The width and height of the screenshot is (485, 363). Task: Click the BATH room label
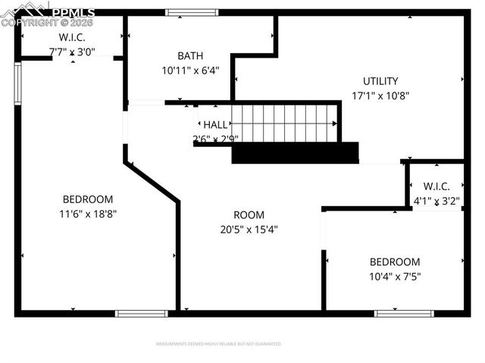189,56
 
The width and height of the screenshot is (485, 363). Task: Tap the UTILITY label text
380,81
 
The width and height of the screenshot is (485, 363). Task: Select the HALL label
214,124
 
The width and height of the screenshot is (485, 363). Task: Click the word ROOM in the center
249,214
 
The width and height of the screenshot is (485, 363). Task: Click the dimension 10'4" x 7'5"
394,277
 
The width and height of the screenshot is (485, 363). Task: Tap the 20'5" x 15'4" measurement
249,229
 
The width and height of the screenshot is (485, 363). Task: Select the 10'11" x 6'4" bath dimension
189,70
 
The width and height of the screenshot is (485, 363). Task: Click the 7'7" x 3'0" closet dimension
72,52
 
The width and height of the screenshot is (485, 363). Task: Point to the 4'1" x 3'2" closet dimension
436,201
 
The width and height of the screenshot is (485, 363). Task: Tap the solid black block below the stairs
294,153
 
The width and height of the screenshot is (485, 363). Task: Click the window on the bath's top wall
187,12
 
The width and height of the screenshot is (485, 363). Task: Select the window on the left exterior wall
17,83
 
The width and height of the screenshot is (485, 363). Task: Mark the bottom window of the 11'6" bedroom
142,313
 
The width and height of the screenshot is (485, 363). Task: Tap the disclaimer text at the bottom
218,343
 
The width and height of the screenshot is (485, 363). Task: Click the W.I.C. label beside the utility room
436,186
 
